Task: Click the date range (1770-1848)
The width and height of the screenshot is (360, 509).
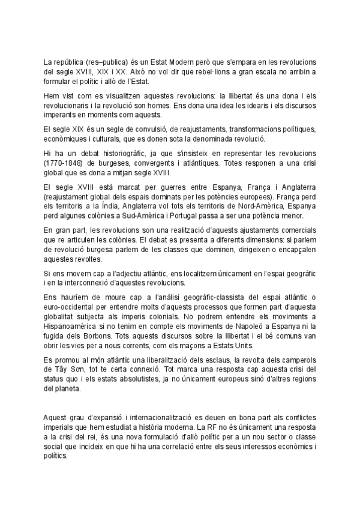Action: pyautogui.click(x=64, y=163)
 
